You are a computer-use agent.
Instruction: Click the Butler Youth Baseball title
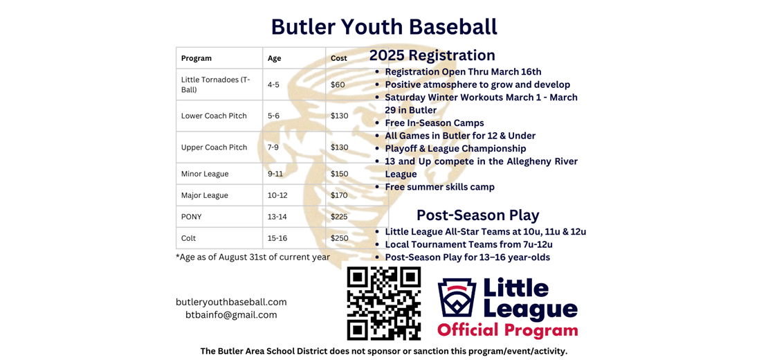(x=384, y=26)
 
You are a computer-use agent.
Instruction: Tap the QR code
(x=384, y=303)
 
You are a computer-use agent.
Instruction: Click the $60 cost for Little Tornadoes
(x=338, y=84)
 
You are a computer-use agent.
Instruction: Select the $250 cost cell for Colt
(x=340, y=238)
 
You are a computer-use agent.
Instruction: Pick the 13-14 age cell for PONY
(x=277, y=217)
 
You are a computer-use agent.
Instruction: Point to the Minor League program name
(x=205, y=174)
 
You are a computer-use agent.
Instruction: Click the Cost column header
(x=339, y=58)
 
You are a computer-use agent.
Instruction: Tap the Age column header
(x=275, y=58)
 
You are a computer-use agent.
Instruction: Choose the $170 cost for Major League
(x=340, y=195)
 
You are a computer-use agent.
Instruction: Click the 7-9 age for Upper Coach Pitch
(x=275, y=147)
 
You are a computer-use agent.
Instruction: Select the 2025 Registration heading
(x=432, y=55)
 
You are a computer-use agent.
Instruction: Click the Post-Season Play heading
(x=477, y=215)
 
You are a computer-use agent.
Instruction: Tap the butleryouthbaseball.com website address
(x=231, y=302)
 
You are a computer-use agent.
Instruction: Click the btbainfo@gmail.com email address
(x=231, y=315)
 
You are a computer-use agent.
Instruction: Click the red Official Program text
(x=507, y=330)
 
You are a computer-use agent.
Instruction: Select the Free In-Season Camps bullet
(x=435, y=123)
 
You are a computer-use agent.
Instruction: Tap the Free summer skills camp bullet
(x=439, y=187)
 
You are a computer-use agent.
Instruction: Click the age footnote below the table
(x=253, y=257)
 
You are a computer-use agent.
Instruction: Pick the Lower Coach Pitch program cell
(x=214, y=116)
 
